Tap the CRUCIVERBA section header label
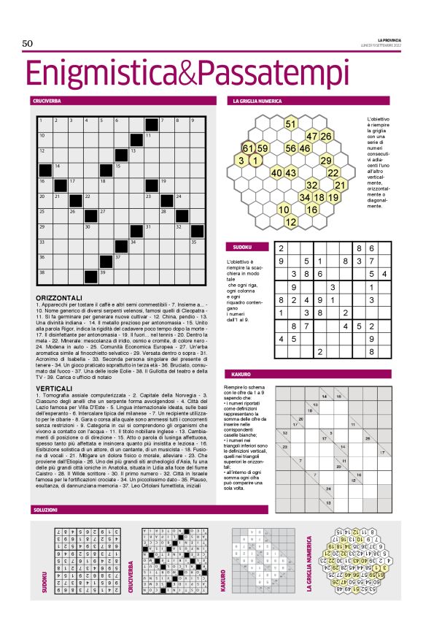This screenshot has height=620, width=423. coord(45,100)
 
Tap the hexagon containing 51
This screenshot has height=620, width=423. coord(290,124)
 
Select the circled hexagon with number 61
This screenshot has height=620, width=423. coord(248,148)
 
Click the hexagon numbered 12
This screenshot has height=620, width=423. coord(290,221)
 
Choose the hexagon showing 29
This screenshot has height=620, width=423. coord(326,160)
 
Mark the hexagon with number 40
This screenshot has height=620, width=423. coord(276,173)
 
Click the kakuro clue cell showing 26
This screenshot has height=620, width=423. coord(367,439)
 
